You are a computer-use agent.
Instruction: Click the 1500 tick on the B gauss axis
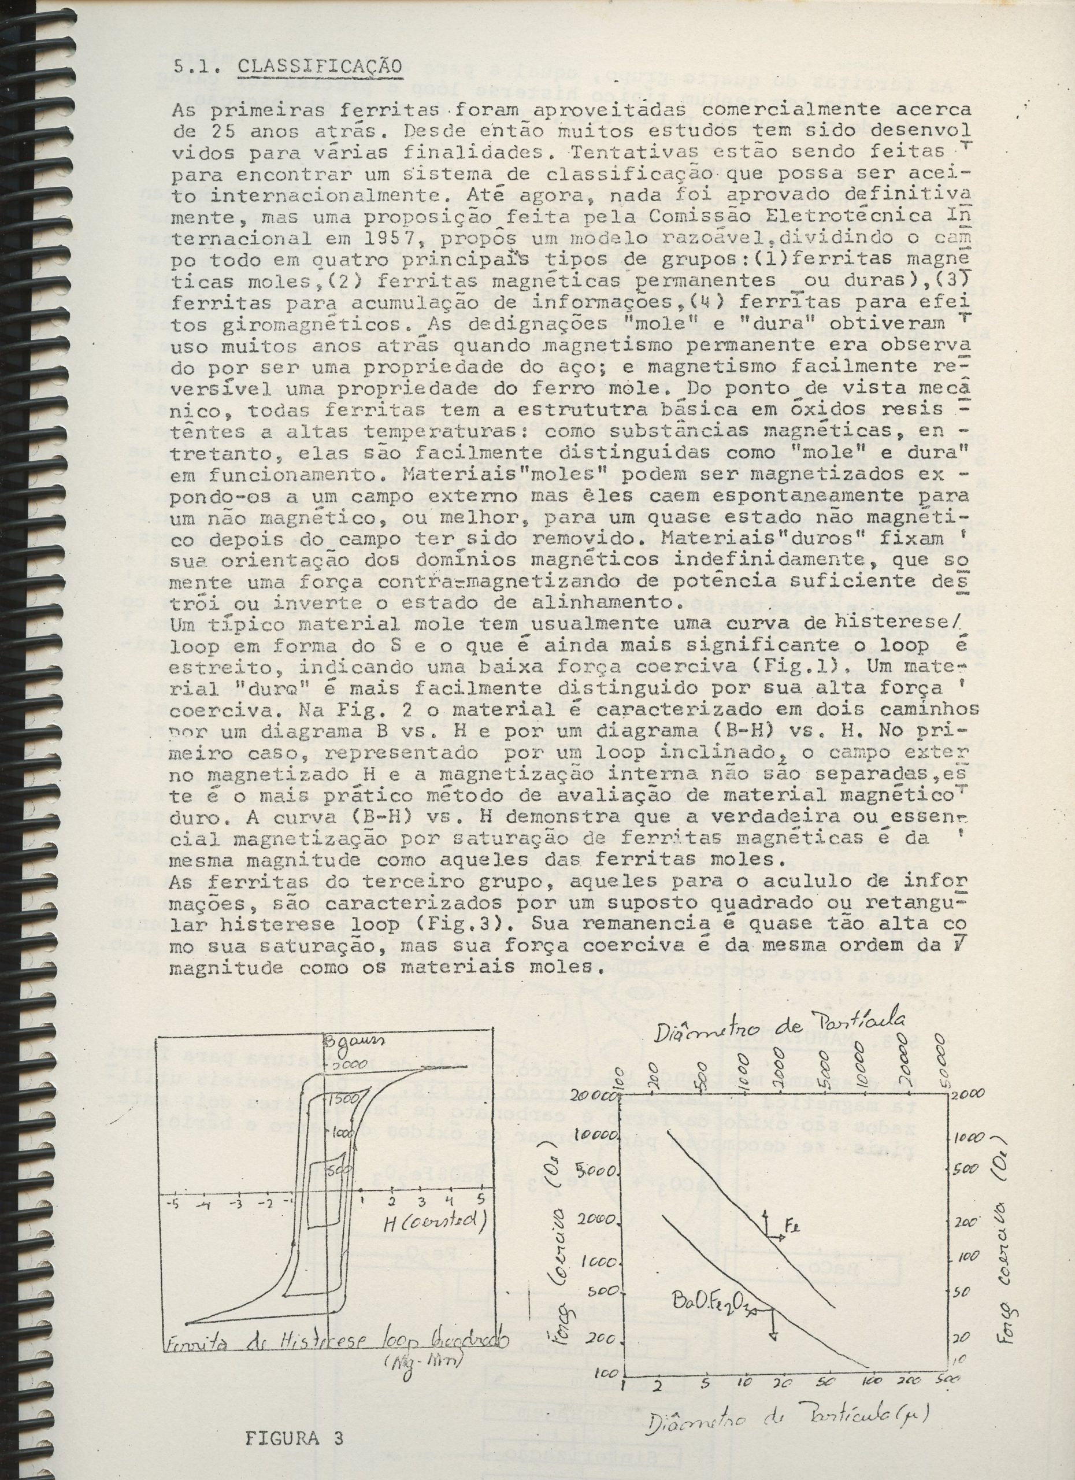pyautogui.click(x=339, y=1098)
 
